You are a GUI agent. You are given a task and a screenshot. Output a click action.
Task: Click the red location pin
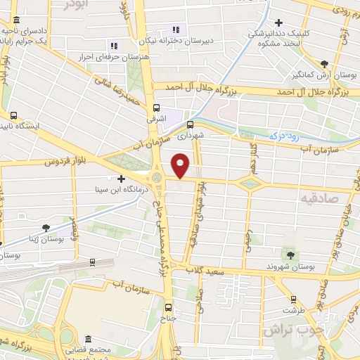click(x=181, y=165)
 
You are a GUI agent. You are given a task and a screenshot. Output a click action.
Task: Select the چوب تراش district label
click(x=291, y=328)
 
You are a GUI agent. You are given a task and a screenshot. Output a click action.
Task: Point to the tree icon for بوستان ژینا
click(x=46, y=227)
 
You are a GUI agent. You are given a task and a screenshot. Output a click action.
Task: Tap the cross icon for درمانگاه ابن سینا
click(x=122, y=179)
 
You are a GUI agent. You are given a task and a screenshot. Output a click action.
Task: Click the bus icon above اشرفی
click(x=156, y=108)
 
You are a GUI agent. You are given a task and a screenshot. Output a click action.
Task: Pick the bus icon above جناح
click(x=167, y=307)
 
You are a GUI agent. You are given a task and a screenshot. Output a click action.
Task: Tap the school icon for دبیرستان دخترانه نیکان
click(x=176, y=30)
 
